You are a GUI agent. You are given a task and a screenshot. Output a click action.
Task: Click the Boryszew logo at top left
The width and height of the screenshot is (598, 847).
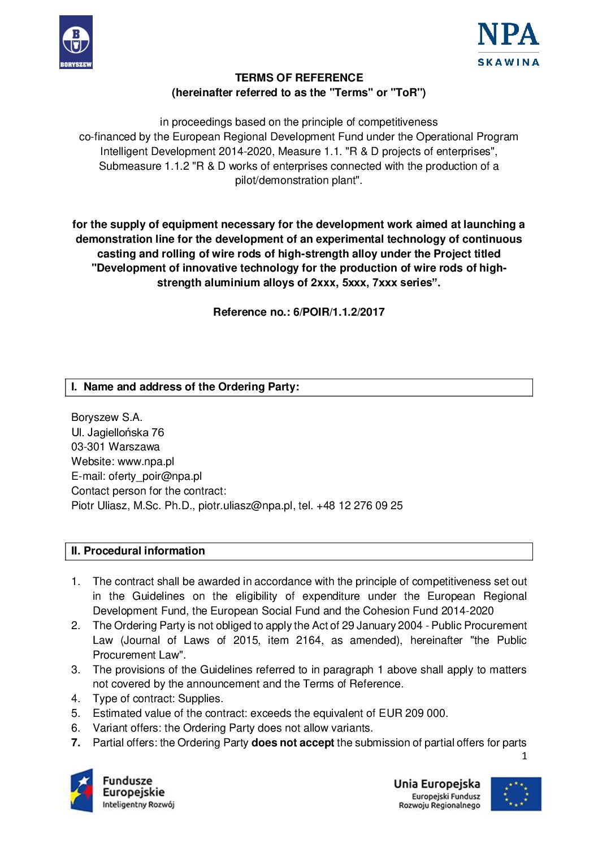[76, 42]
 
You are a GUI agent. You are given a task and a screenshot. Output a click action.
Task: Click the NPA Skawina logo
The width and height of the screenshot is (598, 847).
[508, 45]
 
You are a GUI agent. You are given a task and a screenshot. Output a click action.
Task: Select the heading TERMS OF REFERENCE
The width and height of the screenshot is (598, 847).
[299, 78]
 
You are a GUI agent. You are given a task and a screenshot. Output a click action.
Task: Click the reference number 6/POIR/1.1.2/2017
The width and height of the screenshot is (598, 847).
[339, 312]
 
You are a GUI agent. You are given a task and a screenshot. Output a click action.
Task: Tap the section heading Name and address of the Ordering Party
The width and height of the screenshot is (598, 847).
[191, 387]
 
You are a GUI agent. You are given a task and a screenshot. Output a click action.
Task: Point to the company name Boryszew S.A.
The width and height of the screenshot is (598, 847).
[107, 418]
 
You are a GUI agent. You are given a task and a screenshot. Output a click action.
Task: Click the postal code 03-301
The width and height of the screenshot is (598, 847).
[88, 447]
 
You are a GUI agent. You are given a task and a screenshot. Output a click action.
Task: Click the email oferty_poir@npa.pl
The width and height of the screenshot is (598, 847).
[155, 476]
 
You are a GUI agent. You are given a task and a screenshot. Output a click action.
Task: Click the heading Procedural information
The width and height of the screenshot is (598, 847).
[144, 551]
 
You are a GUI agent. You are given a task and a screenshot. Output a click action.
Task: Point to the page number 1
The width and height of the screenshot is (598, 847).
[524, 756]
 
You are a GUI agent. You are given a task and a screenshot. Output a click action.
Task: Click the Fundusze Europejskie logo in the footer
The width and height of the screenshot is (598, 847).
[122, 792]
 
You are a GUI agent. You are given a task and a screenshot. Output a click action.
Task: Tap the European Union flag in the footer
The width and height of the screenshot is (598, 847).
[515, 794]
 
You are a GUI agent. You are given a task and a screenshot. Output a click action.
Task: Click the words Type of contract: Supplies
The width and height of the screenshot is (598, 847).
[158, 699]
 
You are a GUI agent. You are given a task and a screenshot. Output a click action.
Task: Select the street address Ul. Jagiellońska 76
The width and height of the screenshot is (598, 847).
[118, 432]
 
